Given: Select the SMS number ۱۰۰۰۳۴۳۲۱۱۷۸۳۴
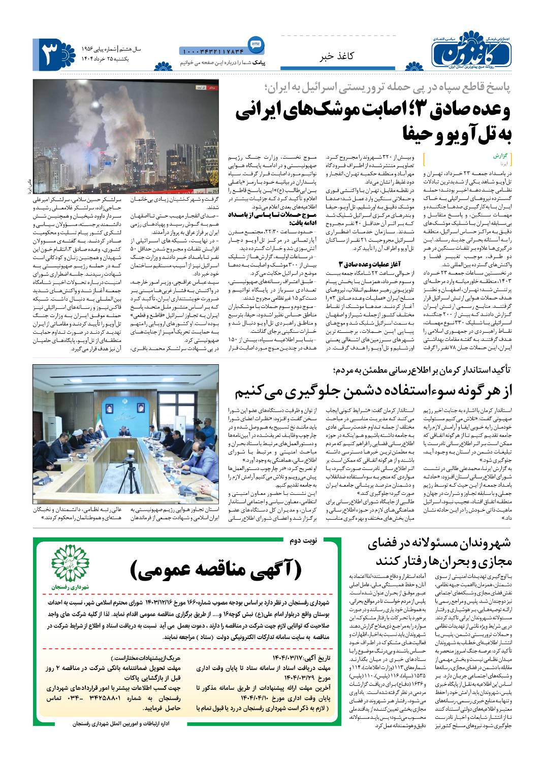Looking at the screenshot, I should click(212, 51).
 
